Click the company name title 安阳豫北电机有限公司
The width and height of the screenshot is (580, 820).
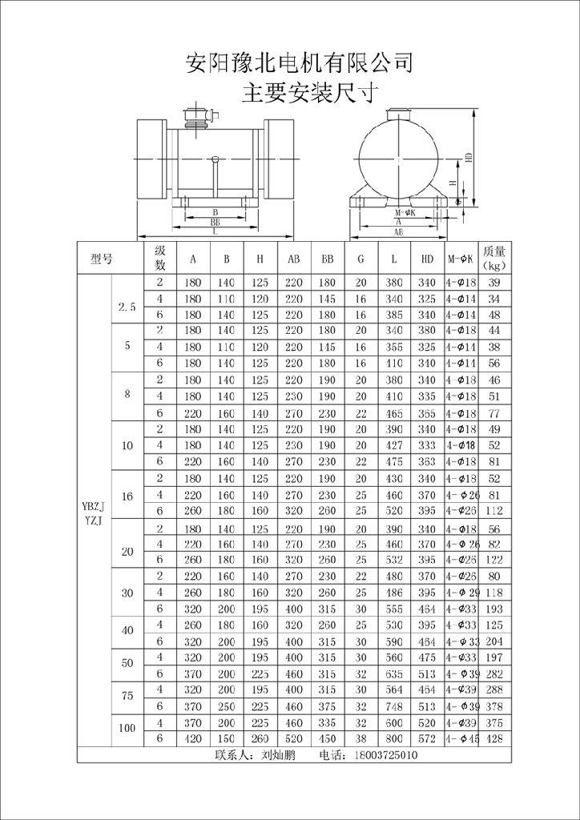[299, 63]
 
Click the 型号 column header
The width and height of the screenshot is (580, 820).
[102, 259]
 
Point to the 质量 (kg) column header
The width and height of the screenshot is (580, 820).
[494, 258]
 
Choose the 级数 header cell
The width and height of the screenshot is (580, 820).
[159, 258]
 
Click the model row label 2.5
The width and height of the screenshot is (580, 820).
[127, 307]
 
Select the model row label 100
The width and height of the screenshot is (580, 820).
[127, 728]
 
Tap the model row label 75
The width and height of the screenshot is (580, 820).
[127, 696]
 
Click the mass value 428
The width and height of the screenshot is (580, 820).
[494, 738]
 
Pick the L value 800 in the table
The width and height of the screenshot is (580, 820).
[393, 738]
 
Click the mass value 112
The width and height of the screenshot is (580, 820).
[494, 511]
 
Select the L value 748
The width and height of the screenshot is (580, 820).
[393, 705]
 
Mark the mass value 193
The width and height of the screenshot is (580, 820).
[494, 609]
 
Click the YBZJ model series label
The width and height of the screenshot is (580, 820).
[93, 505]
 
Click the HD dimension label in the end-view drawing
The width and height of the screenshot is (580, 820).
[469, 158]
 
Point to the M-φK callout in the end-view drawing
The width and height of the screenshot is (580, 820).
[405, 213]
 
